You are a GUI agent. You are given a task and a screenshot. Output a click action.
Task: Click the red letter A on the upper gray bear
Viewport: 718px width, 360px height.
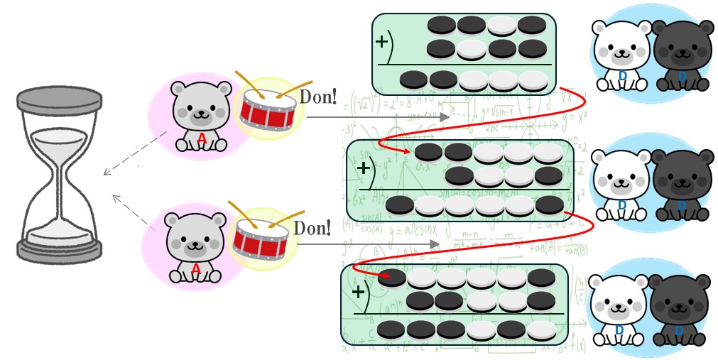[202, 140]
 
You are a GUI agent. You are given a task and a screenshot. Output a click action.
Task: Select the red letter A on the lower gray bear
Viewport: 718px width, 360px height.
[196, 268]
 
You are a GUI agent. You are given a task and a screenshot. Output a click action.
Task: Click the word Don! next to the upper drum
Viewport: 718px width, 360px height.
[317, 97]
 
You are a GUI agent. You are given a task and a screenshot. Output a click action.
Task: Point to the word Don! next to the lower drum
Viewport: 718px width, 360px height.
[312, 228]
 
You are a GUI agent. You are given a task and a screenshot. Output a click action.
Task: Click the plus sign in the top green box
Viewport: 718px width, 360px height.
[382, 41]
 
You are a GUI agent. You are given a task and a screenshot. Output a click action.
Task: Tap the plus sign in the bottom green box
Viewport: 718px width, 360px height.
[359, 291]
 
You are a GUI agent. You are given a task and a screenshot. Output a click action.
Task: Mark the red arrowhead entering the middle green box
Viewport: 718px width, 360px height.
[407, 151]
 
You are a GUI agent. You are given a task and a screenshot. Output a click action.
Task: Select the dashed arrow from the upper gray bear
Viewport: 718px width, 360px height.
[135, 152]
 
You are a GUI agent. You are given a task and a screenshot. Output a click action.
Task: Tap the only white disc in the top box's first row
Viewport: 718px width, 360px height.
[501, 25]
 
